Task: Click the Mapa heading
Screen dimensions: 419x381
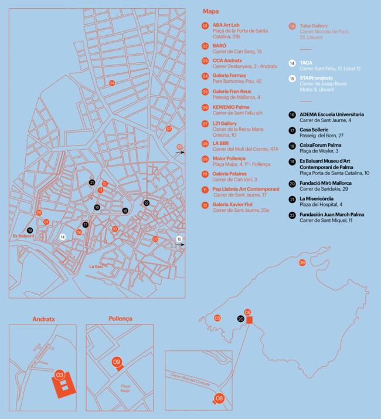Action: (x=210, y=11)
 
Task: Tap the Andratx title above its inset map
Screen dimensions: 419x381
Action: (x=43, y=319)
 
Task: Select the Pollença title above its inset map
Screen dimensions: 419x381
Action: (x=120, y=319)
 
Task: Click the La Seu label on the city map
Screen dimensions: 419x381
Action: (x=96, y=266)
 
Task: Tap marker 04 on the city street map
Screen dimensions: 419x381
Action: (x=112, y=83)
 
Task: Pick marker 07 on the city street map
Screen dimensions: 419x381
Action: (x=169, y=129)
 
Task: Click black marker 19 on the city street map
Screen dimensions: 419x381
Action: (x=30, y=230)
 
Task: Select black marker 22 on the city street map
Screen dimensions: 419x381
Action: (x=146, y=203)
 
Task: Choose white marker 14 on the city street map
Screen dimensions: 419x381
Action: (x=63, y=237)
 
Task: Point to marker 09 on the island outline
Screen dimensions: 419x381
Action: (x=302, y=262)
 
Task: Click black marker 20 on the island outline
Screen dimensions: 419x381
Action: (x=240, y=318)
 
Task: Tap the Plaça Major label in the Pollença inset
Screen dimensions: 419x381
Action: (x=125, y=388)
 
